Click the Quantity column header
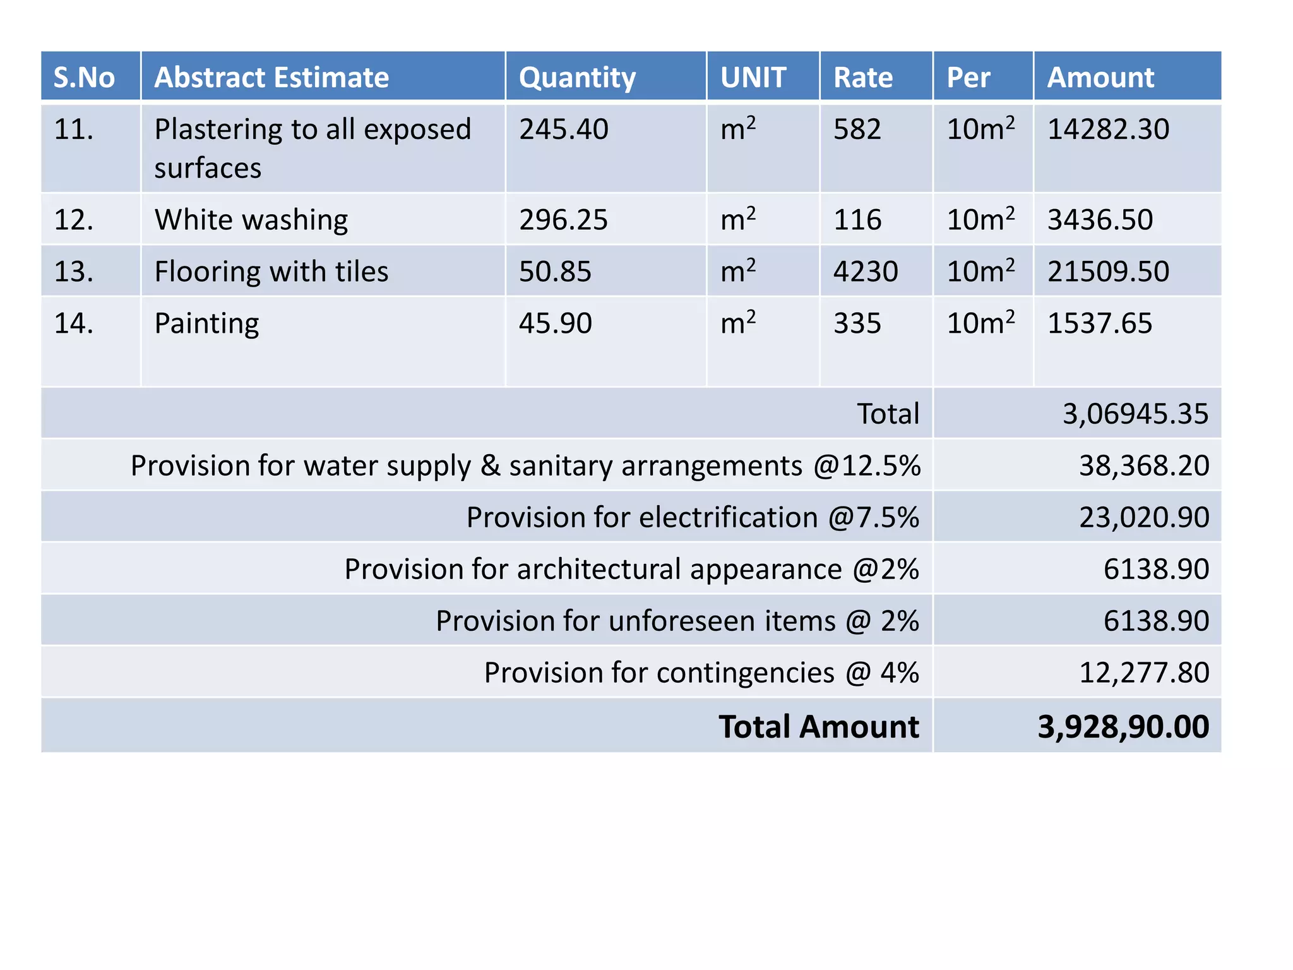tap(577, 78)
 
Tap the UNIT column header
tap(753, 78)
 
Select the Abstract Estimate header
tap(271, 78)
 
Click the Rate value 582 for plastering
tap(857, 129)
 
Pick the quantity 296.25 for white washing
tap(563, 220)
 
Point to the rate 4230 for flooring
tap(865, 272)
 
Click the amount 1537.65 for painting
tap(1100, 323)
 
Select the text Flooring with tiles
tap(271, 272)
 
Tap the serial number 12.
tap(74, 220)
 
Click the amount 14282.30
tap(1108, 129)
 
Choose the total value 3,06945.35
tap(1135, 414)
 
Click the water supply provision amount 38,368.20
tap(1144, 466)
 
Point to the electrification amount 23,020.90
tap(1144, 518)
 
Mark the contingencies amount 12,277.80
tap(1144, 673)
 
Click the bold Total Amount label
tap(819, 727)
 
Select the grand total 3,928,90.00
tap(1123, 727)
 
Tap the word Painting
tap(206, 323)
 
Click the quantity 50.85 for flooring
tap(555, 272)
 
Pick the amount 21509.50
tap(1108, 272)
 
